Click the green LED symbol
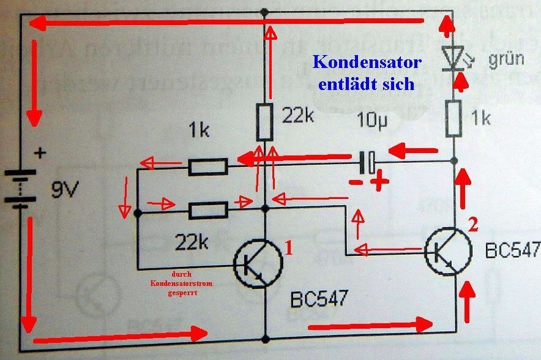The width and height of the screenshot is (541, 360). coord(453,60)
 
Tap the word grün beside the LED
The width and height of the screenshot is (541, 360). coord(505,59)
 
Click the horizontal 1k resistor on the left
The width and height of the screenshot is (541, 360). coord(208,165)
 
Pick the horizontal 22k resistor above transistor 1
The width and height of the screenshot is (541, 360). coord(208,211)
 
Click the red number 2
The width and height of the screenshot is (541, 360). coord(472,225)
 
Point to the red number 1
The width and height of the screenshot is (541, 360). coord(289,248)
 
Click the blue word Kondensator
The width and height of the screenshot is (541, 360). coord(367,62)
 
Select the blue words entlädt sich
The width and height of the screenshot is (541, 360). coord(367,83)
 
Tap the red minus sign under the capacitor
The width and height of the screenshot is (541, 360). coord(354,182)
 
